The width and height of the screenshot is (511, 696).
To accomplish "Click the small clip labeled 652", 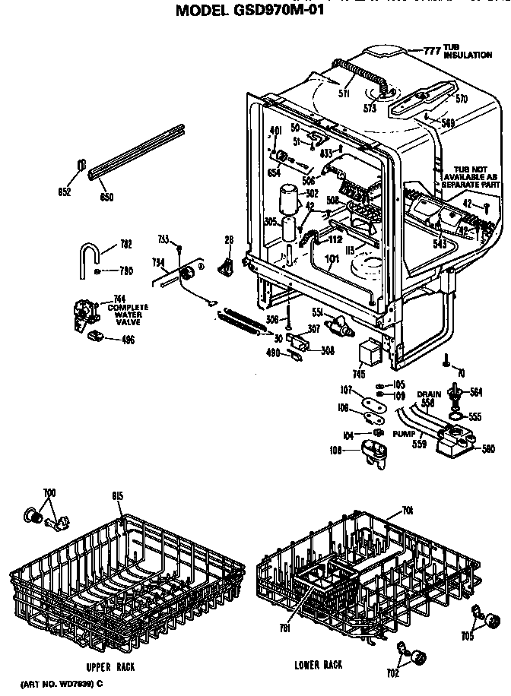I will point(82,166).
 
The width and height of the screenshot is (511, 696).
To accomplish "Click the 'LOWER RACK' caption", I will point(318,665).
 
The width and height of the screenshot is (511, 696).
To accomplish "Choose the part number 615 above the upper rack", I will point(117,496).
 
